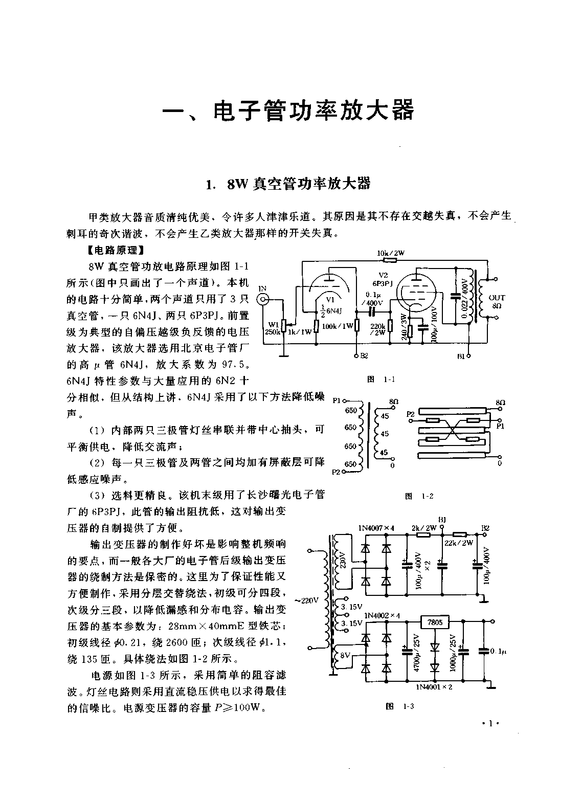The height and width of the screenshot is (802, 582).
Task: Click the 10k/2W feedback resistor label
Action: tap(391, 253)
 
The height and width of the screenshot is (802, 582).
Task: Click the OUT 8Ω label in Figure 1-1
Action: tap(497, 301)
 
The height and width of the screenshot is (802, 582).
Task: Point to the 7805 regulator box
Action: tap(435, 622)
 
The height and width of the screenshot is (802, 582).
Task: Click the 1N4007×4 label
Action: tap(376, 528)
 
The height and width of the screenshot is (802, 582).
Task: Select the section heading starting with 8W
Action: tap(288, 184)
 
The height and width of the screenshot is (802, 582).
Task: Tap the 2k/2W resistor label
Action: tap(424, 528)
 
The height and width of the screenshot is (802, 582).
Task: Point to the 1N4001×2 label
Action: tap(434, 686)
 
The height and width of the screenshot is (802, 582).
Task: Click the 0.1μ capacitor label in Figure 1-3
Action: tap(498, 651)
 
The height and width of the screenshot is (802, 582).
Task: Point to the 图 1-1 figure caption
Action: tap(381, 379)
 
